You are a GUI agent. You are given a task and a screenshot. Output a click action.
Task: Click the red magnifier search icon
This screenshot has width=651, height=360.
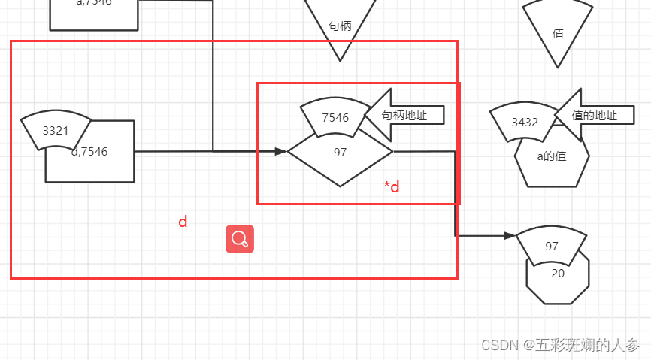pyautogui.click(x=240, y=239)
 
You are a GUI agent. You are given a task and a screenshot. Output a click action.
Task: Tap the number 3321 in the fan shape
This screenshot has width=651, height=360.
pyautogui.click(x=56, y=131)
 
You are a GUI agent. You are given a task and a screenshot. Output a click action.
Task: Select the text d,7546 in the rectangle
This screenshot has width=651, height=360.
pyautogui.click(x=90, y=152)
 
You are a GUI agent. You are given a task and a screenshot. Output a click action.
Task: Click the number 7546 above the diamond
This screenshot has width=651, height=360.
pyautogui.click(x=335, y=118)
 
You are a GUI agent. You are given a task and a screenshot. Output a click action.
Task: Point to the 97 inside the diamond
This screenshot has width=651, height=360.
pyautogui.click(x=340, y=153)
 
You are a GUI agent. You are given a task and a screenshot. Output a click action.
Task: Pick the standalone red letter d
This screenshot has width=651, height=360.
pyautogui.click(x=183, y=222)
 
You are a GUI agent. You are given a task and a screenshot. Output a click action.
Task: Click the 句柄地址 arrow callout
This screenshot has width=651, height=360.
pyautogui.click(x=406, y=115)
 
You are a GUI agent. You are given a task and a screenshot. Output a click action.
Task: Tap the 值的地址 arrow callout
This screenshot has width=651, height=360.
pyautogui.click(x=591, y=116)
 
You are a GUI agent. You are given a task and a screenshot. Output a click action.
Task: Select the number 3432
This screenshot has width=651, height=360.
pyautogui.click(x=525, y=123)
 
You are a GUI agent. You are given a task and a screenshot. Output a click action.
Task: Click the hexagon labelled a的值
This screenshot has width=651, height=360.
pyautogui.click(x=552, y=157)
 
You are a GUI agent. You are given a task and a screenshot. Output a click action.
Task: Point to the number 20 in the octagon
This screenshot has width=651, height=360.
pyautogui.click(x=558, y=274)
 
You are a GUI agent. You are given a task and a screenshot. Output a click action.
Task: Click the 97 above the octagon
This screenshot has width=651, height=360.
pyautogui.click(x=552, y=247)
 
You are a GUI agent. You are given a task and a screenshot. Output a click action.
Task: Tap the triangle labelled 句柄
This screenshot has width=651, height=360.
pyautogui.click(x=340, y=26)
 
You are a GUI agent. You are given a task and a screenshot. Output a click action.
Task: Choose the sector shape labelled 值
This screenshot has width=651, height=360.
pyautogui.click(x=558, y=33)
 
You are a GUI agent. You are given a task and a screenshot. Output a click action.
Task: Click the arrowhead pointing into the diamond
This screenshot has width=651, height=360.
pyautogui.click(x=281, y=152)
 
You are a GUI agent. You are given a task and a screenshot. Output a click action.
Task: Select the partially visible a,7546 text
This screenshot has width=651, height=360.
pyautogui.click(x=94, y=3)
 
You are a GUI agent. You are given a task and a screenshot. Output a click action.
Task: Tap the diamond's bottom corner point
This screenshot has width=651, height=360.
pyautogui.click(x=340, y=186)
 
